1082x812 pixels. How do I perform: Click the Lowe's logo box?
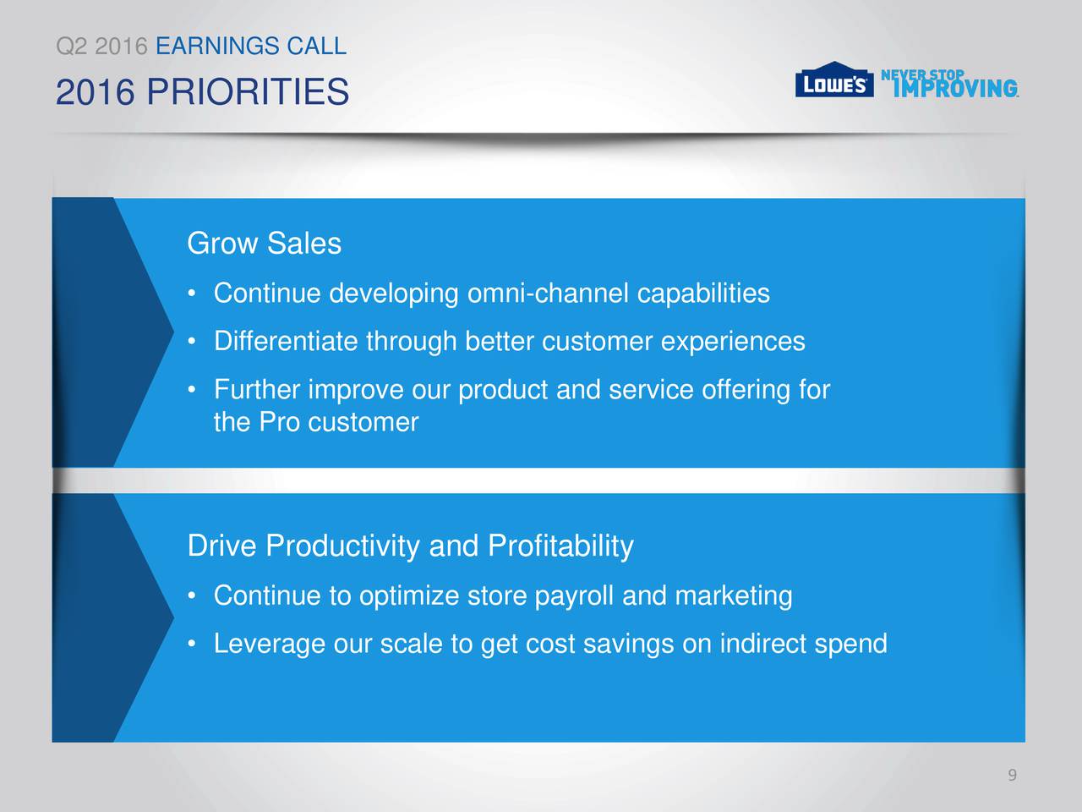pyautogui.click(x=834, y=80)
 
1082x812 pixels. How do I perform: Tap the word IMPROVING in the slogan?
pyautogui.click(x=956, y=89)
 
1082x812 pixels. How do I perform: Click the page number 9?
pyautogui.click(x=1013, y=775)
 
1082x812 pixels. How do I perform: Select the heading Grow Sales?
pyautogui.click(x=265, y=243)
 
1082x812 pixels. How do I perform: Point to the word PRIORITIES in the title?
pyautogui.click(x=248, y=91)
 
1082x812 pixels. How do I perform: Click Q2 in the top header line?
pyautogui.click(x=72, y=47)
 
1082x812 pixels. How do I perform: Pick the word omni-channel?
pyautogui.click(x=548, y=293)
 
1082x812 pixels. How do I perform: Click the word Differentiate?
pyautogui.click(x=286, y=341)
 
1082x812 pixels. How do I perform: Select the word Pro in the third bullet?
pyautogui.click(x=279, y=422)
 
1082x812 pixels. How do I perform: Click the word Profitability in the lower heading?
pyautogui.click(x=560, y=546)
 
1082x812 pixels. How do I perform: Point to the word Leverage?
pyautogui.click(x=269, y=645)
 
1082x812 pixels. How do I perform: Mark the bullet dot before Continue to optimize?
pyautogui.click(x=192, y=596)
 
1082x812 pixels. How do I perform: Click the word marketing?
pyautogui.click(x=734, y=596)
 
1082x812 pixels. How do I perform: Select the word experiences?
pyautogui.click(x=733, y=342)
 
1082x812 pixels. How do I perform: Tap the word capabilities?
pyautogui.click(x=703, y=293)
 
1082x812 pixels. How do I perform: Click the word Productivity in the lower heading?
pyautogui.click(x=342, y=546)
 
